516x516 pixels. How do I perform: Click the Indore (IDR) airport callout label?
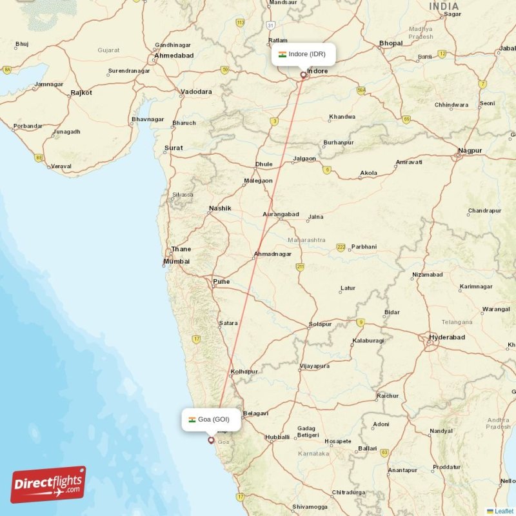coord(303,54)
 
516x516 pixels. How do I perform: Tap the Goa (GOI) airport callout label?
coord(213,419)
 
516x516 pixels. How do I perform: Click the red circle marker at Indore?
coord(303,75)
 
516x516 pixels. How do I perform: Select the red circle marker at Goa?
coord(210,441)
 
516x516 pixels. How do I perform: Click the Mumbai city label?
coord(177,261)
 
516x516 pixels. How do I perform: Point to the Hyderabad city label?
coord(447,337)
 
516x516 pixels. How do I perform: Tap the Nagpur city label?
coord(469,150)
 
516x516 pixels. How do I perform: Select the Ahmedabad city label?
coord(174,55)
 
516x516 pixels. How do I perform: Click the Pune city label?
coord(221,281)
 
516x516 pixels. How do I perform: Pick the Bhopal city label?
coord(391,43)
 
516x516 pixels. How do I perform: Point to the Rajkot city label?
coord(81,92)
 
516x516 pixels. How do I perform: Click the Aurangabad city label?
coord(281,214)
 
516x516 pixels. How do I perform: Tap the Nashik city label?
coord(220,208)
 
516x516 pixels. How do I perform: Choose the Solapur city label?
coord(320,324)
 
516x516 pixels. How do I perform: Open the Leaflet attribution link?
coord(504,511)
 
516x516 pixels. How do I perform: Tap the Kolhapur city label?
coord(244,372)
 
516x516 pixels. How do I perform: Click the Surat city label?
coord(174,148)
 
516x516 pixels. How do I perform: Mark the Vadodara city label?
coord(196,92)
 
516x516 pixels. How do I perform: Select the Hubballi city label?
coord(277,437)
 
